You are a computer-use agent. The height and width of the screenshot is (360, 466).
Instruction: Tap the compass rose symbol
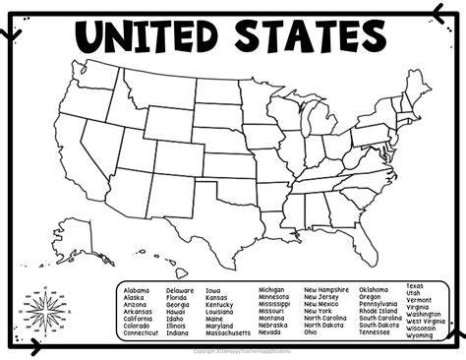pyautogui.click(x=44, y=310)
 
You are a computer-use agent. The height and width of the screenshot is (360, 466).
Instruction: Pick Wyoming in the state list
pyautogui.click(x=420, y=335)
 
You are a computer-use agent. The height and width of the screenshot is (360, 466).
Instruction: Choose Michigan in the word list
pyautogui.click(x=272, y=290)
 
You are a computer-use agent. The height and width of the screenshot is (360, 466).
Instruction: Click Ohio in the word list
pyautogui.click(x=311, y=332)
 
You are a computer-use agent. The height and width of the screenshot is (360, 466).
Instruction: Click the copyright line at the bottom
pyautogui.click(x=233, y=350)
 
